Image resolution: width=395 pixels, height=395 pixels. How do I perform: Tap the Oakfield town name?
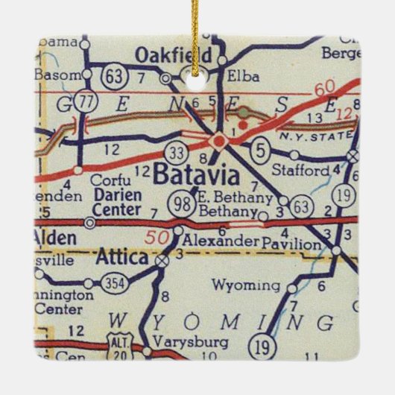[171, 54]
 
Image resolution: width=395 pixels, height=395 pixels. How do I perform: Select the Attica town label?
[121, 258]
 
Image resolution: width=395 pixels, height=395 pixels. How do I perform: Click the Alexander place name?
[222, 241]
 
